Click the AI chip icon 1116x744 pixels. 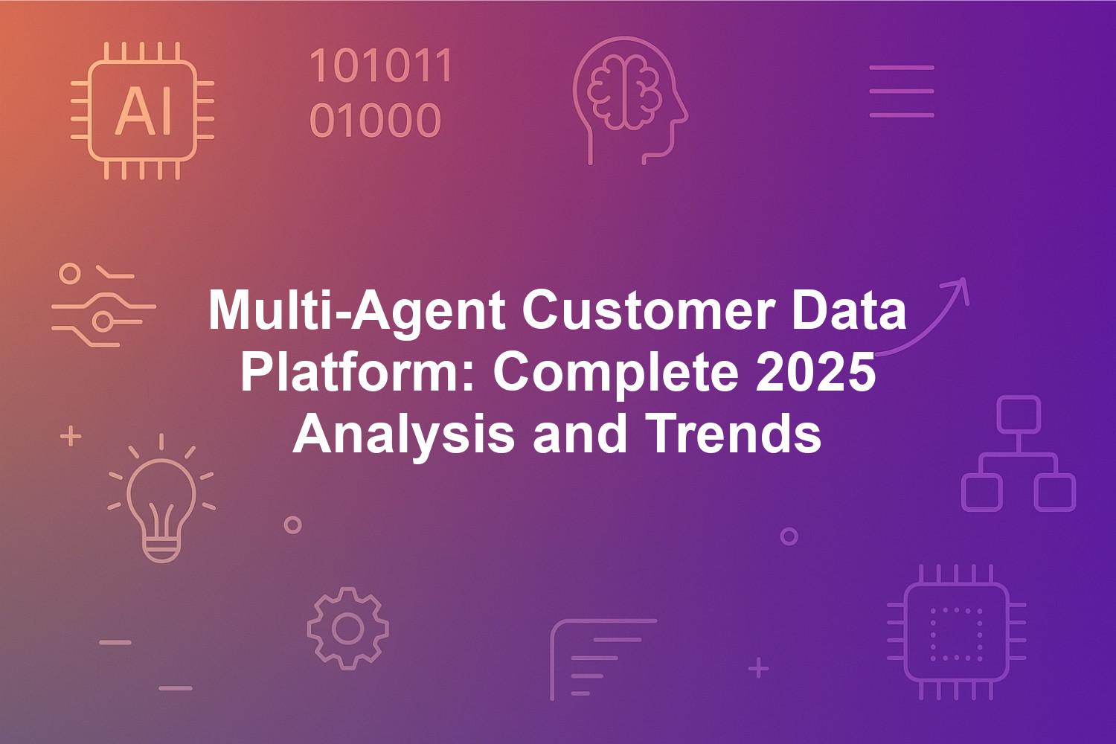tap(143, 111)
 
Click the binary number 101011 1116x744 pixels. tap(381, 65)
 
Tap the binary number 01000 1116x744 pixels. tap(375, 120)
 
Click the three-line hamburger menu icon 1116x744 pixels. tap(902, 92)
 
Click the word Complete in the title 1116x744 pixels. tap(616, 373)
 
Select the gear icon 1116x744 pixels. tap(347, 629)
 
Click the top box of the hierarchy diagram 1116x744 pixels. tap(1019, 414)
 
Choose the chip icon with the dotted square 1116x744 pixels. tap(957, 632)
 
